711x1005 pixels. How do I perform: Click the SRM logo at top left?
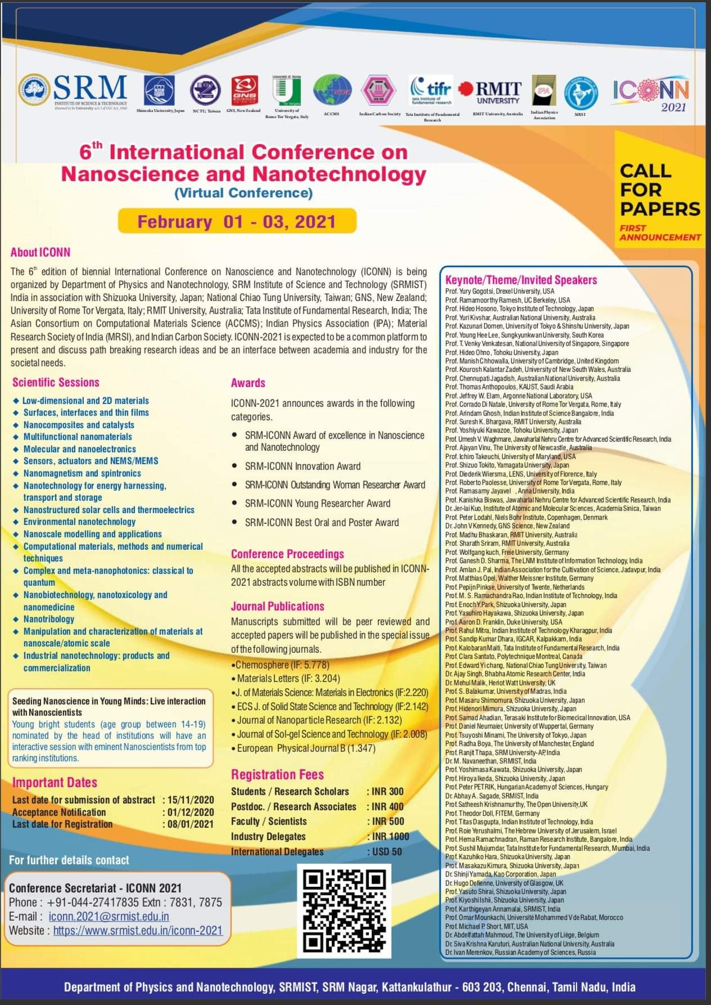[x=73, y=91]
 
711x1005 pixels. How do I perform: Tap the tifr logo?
[x=431, y=90]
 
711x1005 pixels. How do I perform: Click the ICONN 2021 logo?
[x=651, y=93]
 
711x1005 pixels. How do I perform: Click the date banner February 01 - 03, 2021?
[x=237, y=221]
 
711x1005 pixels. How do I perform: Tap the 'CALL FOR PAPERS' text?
[x=660, y=190]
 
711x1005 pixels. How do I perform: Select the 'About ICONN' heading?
[x=40, y=253]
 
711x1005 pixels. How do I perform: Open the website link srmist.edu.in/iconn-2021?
[x=138, y=931]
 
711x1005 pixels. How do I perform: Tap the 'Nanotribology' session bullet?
[x=49, y=619]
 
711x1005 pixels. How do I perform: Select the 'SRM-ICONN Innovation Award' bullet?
[x=303, y=466]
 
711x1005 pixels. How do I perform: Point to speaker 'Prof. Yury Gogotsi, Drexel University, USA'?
[x=499, y=291]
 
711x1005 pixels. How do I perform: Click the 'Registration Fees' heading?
[x=277, y=774]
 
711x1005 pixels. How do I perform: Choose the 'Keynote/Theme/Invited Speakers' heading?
[x=521, y=280]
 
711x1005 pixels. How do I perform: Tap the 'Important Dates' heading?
[x=55, y=782]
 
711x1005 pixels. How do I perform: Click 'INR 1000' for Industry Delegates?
[x=390, y=836]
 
